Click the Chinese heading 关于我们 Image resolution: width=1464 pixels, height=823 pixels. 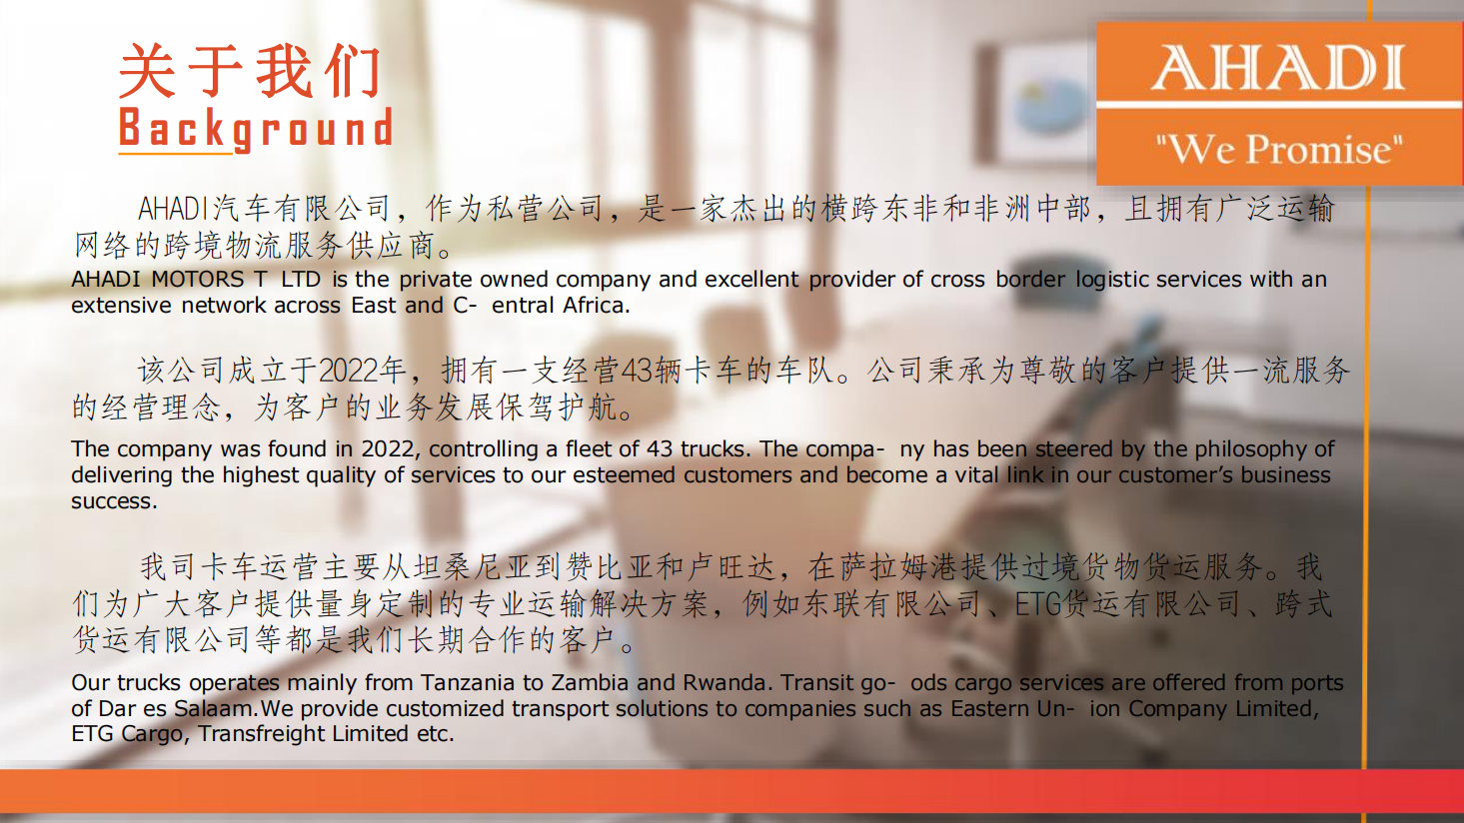(x=249, y=71)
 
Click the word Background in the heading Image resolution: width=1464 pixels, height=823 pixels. (x=256, y=128)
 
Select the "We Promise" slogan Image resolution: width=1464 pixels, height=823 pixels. (x=1279, y=149)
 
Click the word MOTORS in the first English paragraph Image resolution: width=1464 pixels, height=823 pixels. (x=198, y=280)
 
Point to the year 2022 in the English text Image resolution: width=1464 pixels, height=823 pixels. (x=388, y=449)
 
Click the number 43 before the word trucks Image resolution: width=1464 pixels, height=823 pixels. (x=661, y=449)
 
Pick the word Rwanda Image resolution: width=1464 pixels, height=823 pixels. (x=725, y=682)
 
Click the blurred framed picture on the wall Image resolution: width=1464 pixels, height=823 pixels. (x=1039, y=105)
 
